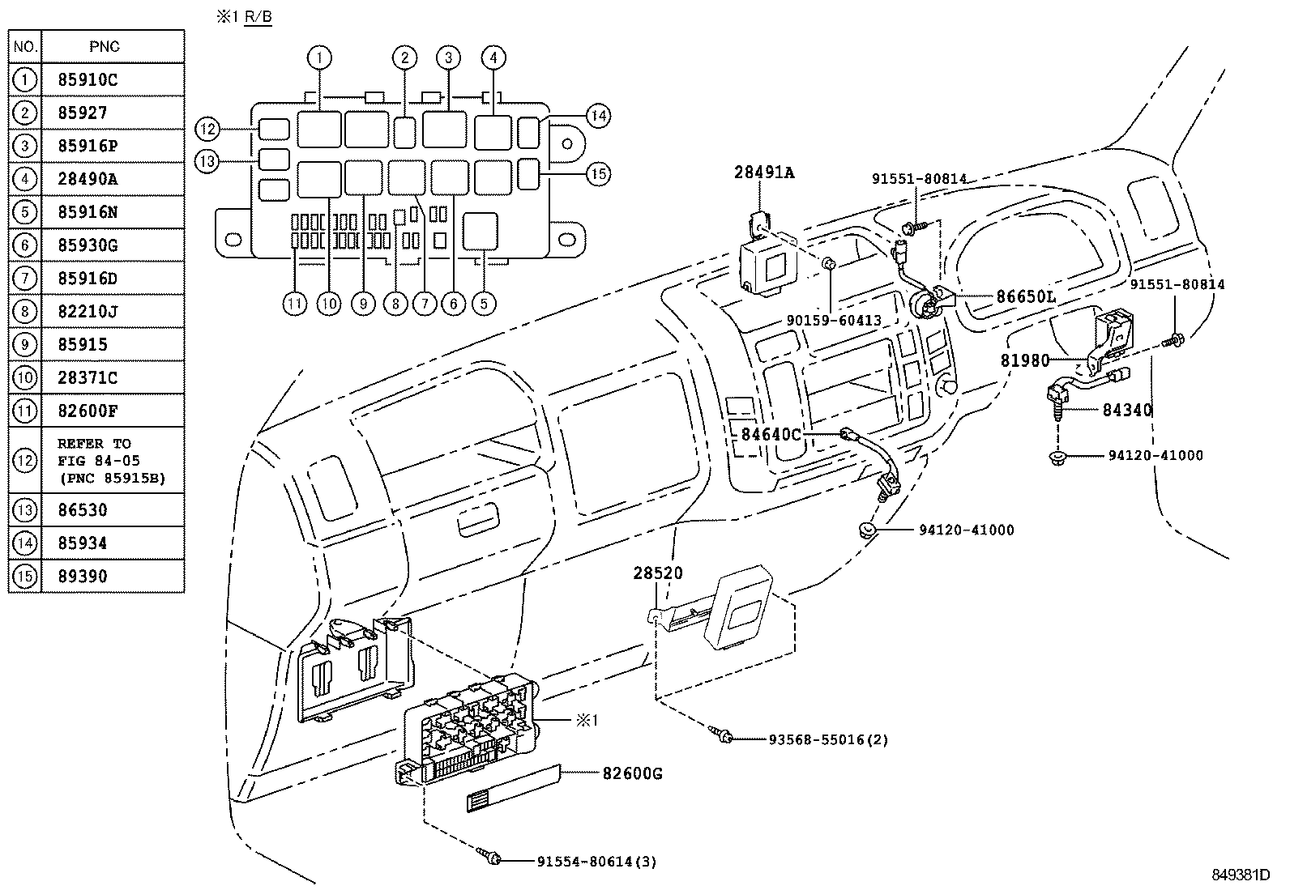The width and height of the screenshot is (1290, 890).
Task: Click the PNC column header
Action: (x=105, y=46)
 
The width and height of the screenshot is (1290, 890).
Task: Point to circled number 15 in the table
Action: (x=25, y=577)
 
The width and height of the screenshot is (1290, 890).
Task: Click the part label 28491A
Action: (x=764, y=172)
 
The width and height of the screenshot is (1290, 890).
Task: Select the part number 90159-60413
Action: (x=833, y=321)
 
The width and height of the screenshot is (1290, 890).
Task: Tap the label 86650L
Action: (x=1026, y=297)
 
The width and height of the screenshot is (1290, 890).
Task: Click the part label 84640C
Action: (x=771, y=435)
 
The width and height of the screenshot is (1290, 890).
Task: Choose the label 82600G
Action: (x=632, y=773)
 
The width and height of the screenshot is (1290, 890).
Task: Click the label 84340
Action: (x=1126, y=410)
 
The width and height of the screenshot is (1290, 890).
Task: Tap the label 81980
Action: (x=1024, y=361)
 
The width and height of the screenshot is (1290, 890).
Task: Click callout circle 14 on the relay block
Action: (x=598, y=116)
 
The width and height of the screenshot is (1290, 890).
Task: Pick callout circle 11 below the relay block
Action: (x=296, y=304)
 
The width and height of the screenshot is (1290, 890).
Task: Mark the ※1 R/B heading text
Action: (x=243, y=17)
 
